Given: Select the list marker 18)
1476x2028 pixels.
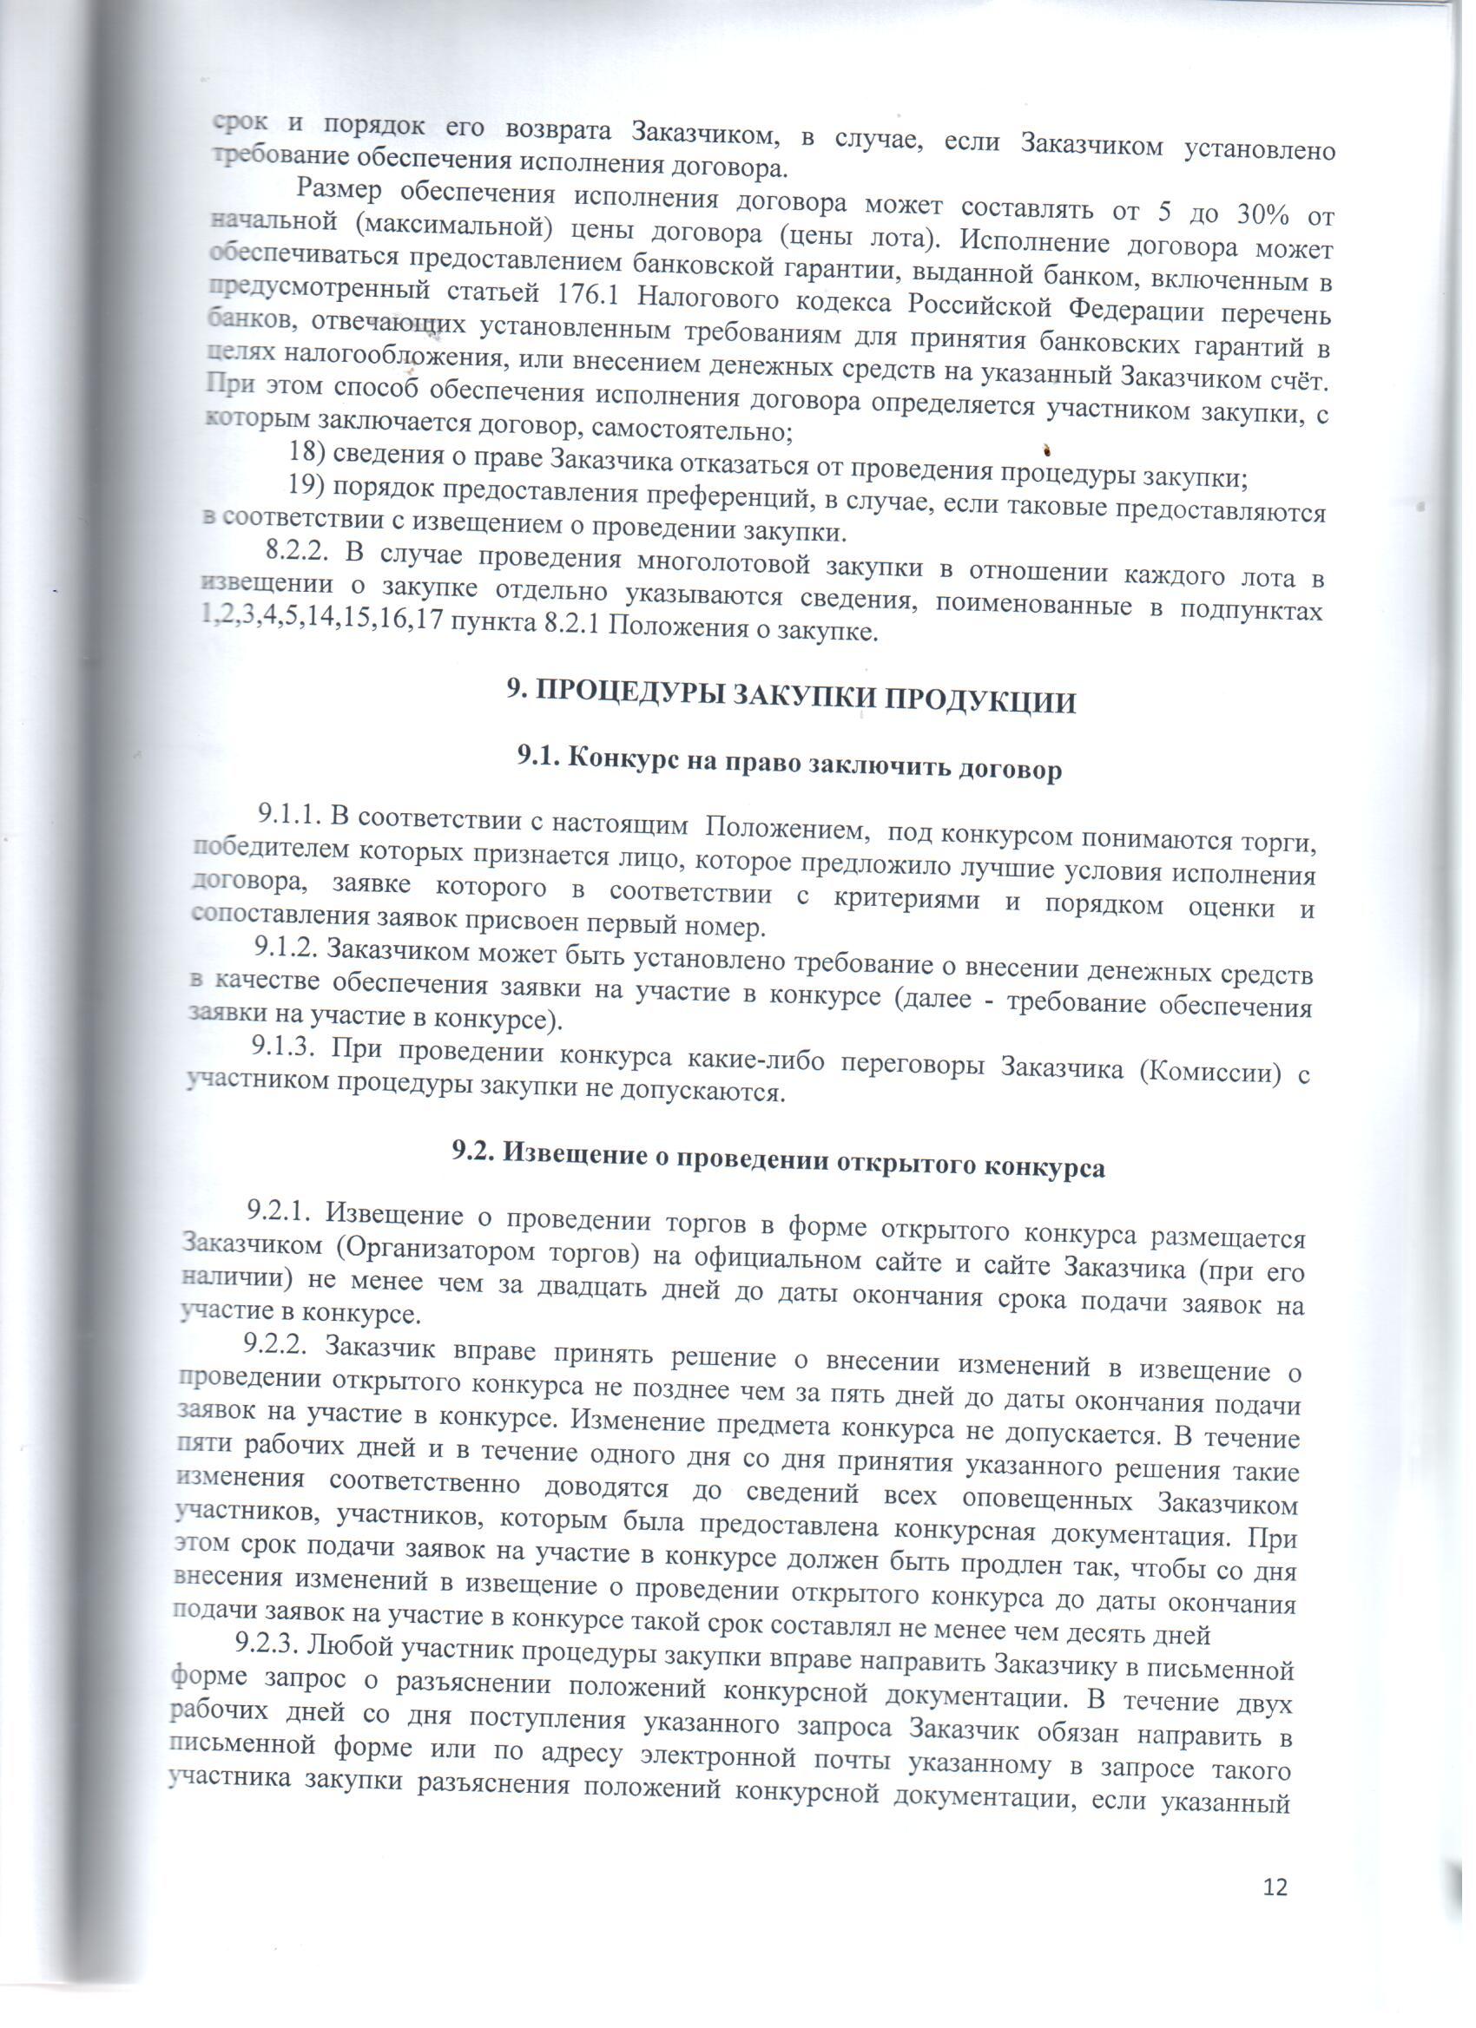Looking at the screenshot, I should point(306,454).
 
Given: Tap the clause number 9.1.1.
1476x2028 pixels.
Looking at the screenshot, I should point(289,815).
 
